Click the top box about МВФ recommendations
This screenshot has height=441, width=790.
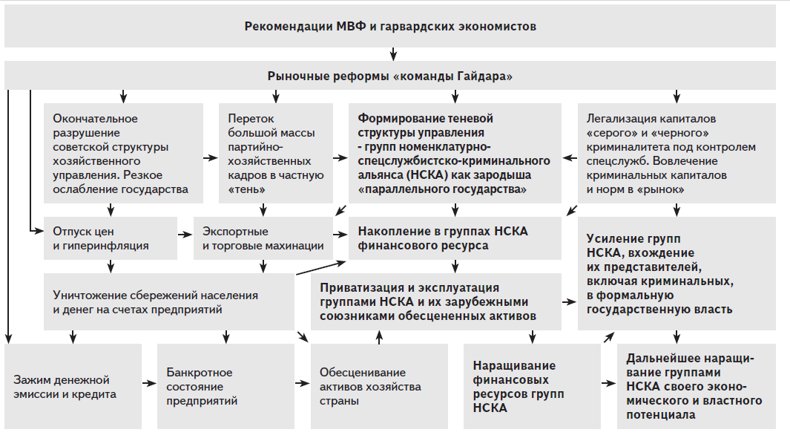(390, 27)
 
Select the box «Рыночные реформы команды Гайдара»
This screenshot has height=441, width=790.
(390, 76)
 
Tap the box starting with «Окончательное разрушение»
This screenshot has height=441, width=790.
(123, 153)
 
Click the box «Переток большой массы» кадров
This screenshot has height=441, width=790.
(276, 153)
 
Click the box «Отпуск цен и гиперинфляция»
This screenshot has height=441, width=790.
(110, 238)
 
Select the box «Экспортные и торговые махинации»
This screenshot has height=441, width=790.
(263, 238)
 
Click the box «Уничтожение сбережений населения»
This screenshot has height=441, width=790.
(168, 301)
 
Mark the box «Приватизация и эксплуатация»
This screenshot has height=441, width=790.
(437, 301)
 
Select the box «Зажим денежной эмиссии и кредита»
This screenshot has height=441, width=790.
(73, 386)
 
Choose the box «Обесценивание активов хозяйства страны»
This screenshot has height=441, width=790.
(379, 386)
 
